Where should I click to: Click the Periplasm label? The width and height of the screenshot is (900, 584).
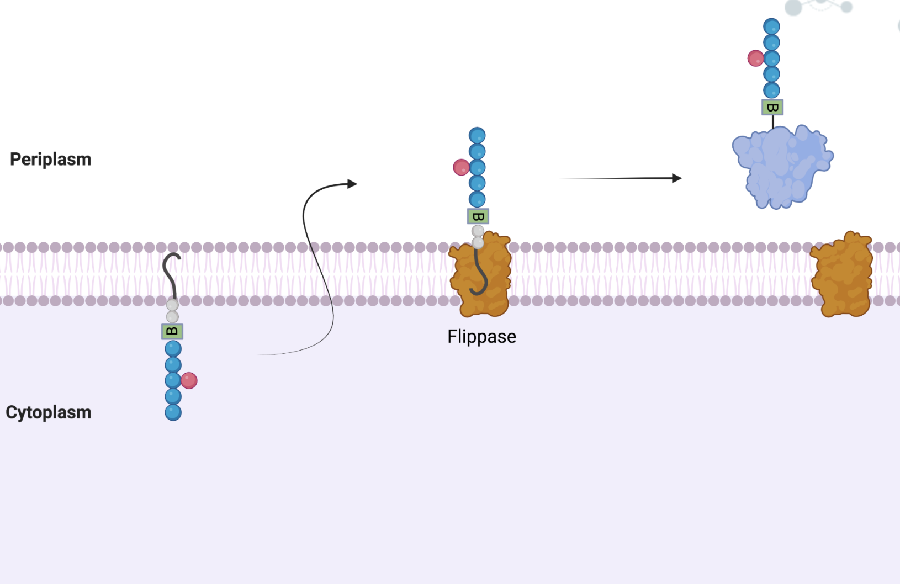coord(51,160)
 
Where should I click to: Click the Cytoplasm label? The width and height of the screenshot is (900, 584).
coord(49,412)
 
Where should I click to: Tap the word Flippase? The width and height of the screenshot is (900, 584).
coord(481,337)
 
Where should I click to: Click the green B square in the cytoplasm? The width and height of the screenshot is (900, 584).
coord(172,332)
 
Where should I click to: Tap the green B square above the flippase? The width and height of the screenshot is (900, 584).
coord(478,216)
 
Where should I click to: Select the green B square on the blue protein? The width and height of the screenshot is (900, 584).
coord(772,107)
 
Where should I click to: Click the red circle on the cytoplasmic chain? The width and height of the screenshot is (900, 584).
coord(189,380)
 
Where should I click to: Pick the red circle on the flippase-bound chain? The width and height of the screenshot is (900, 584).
coord(461,167)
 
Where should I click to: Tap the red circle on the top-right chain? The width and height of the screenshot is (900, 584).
coord(755,58)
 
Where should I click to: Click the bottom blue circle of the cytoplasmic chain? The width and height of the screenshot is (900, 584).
coord(173,412)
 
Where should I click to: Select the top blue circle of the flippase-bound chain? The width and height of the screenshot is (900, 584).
coord(477,135)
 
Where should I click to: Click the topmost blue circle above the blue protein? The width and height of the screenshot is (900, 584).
coord(771,26)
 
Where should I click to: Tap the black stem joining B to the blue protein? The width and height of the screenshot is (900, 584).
coord(772,121)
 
